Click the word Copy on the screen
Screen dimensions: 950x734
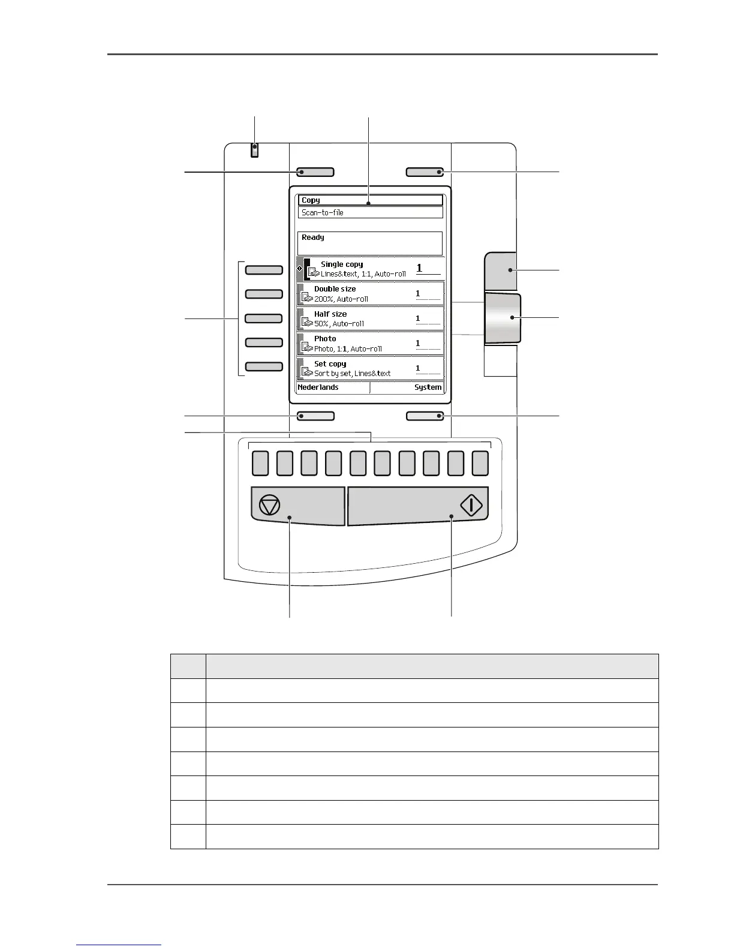(x=311, y=200)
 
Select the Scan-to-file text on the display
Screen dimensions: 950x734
(x=323, y=212)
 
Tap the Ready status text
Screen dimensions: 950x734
(x=313, y=237)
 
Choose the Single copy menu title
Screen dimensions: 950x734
(x=342, y=264)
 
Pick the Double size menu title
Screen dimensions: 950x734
(x=335, y=289)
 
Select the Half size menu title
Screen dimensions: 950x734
(x=330, y=314)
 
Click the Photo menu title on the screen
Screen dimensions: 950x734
(x=325, y=339)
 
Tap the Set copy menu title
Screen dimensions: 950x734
(x=330, y=364)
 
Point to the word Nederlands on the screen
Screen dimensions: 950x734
(x=318, y=387)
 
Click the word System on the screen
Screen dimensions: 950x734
(x=428, y=387)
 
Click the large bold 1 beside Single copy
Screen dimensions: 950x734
(x=419, y=268)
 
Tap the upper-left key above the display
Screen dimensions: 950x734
(x=315, y=173)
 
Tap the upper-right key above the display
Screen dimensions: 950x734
(x=425, y=173)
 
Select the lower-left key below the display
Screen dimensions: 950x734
(x=316, y=416)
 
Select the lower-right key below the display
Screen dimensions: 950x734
(x=425, y=416)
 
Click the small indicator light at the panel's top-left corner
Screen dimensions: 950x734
(x=255, y=150)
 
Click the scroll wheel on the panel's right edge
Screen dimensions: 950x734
(x=503, y=318)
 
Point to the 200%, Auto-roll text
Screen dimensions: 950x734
(x=341, y=299)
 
